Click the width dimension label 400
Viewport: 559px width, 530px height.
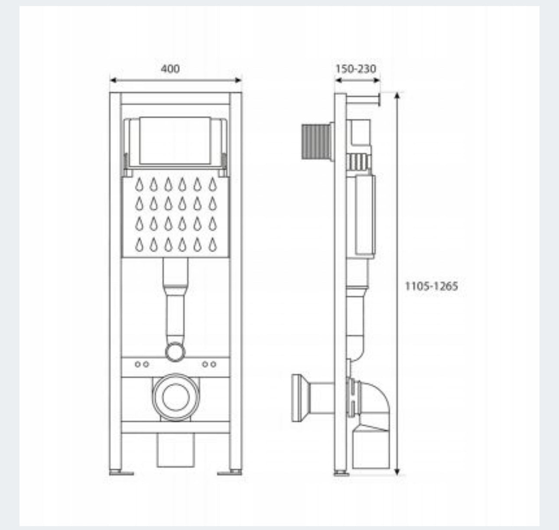pyautogui.click(x=170, y=69)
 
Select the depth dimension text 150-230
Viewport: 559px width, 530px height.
pyautogui.click(x=356, y=69)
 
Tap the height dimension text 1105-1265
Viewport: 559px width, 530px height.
pyautogui.click(x=431, y=286)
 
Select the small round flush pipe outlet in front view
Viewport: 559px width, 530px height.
pyautogui.click(x=175, y=351)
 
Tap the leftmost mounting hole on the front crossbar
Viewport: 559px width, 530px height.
pyautogui.click(x=137, y=364)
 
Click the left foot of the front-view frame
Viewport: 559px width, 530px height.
pyautogui.click(x=121, y=472)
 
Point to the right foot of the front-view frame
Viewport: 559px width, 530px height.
pyautogui.click(x=230, y=472)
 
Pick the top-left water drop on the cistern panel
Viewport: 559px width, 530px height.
pyautogui.click(x=139, y=185)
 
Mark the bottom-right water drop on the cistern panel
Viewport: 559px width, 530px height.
pyautogui.click(x=212, y=245)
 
